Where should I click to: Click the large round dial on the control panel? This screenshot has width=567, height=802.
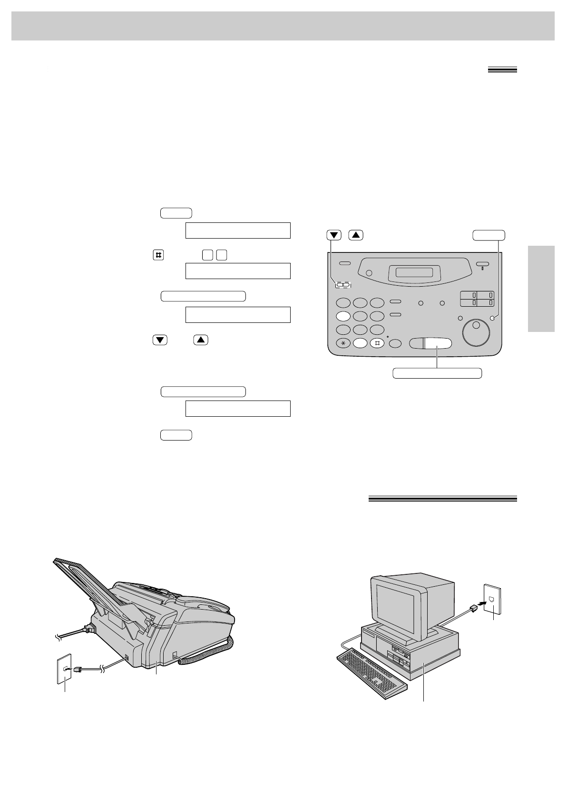[476, 332]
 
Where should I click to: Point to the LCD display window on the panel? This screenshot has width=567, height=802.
[411, 272]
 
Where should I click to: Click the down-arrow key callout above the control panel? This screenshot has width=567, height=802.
[334, 235]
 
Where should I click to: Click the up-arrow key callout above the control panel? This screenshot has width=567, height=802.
[356, 235]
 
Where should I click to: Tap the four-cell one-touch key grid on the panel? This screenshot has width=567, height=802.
[477, 299]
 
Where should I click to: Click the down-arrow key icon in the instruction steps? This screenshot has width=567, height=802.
[160, 340]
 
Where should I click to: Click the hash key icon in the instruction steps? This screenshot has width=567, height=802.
[158, 255]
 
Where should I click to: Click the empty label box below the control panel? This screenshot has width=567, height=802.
[437, 373]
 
